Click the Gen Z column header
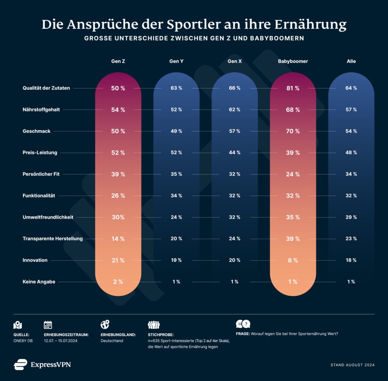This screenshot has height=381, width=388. (118, 61)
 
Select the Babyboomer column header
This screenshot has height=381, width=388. (293, 61)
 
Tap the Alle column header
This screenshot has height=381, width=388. (351, 61)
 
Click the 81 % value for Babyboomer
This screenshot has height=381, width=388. (293, 88)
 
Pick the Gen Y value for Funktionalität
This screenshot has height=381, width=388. (176, 196)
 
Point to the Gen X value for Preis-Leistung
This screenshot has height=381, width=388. (234, 152)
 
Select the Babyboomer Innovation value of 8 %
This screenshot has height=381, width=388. (293, 260)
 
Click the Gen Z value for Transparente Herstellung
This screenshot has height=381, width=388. (118, 239)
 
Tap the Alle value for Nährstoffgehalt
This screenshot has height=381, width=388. (351, 110)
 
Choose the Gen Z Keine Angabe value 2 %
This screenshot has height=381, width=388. (118, 282)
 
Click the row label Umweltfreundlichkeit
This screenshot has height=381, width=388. (48, 217)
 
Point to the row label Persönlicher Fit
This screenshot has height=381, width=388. (41, 174)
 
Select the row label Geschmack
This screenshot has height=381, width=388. (36, 131)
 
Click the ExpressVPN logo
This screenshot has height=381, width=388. (42, 364)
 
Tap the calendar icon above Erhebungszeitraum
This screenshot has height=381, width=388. (48, 325)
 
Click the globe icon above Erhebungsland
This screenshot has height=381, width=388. (105, 325)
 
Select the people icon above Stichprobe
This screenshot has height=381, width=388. (153, 325)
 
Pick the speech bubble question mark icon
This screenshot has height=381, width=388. (243, 324)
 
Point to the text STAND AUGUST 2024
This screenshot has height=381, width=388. (352, 365)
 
